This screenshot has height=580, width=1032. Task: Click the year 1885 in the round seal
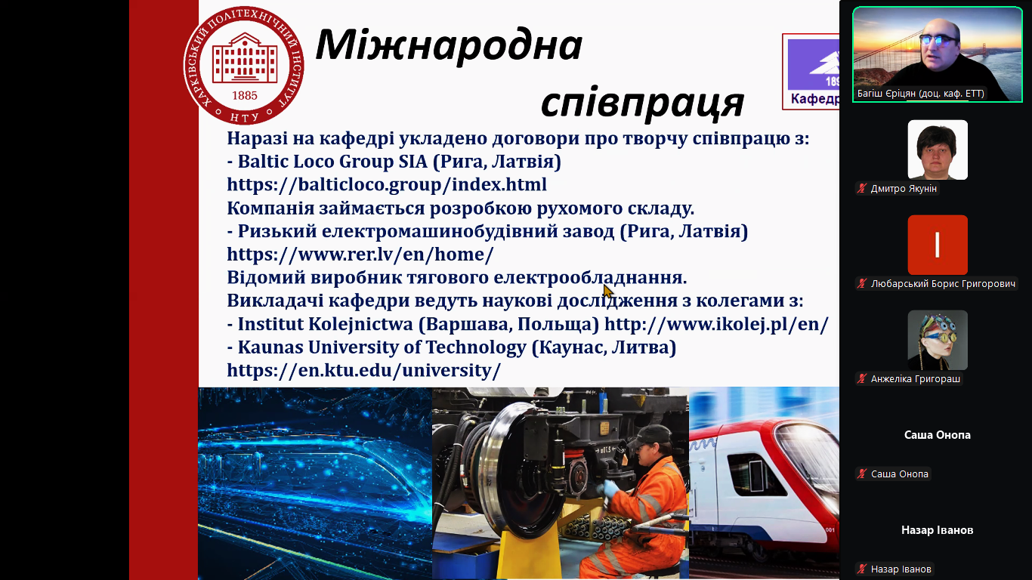pyautogui.click(x=244, y=95)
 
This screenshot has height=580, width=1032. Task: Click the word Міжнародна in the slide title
pyautogui.click(x=449, y=45)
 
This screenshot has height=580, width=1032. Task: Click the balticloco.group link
pyautogui.click(x=387, y=184)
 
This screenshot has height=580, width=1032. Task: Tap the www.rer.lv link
pyautogui.click(x=360, y=254)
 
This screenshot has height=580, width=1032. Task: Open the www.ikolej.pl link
pyautogui.click(x=716, y=324)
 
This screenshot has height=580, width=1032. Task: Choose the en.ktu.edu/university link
pyautogui.click(x=363, y=370)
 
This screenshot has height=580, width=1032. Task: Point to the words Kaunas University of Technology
pyautogui.click(x=382, y=347)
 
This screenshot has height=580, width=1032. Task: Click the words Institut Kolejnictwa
pyautogui.click(x=326, y=324)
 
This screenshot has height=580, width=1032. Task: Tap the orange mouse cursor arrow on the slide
pyautogui.click(x=608, y=292)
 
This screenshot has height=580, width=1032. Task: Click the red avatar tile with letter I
pyautogui.click(x=938, y=245)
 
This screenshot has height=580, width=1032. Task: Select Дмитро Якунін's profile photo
pyautogui.click(x=938, y=150)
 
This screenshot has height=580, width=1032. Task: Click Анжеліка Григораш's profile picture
pyautogui.click(x=938, y=340)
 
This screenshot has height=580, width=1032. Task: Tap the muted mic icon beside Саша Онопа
pyautogui.click(x=862, y=474)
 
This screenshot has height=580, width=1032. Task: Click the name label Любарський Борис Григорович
pyautogui.click(x=943, y=284)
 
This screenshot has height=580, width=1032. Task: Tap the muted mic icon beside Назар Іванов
pyautogui.click(x=862, y=569)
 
